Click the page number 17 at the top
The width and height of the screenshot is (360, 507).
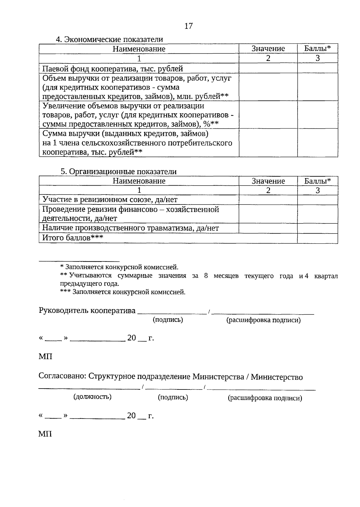point(188,26)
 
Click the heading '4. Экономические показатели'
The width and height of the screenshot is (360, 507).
point(109,39)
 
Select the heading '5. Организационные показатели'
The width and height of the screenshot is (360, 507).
point(118,171)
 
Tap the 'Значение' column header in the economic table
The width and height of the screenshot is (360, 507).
point(268,49)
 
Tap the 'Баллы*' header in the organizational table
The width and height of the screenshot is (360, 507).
point(317,181)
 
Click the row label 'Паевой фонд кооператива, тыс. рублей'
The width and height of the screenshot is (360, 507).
point(112,69)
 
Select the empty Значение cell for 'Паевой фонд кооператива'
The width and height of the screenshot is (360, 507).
point(268,68)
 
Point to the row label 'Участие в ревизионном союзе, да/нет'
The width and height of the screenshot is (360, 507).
point(110,200)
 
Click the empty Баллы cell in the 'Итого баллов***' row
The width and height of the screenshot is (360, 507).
point(317,238)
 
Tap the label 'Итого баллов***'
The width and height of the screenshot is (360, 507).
point(73,238)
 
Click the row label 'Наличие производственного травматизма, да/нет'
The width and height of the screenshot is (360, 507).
point(130,228)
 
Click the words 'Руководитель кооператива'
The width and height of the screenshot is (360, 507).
point(87,311)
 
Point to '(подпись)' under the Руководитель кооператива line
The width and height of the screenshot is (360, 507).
point(168,320)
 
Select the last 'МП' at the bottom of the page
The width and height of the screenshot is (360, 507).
point(45,434)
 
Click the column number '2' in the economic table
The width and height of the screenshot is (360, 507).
point(268,58)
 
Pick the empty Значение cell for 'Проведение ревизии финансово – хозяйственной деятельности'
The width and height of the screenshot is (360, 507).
point(268,214)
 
